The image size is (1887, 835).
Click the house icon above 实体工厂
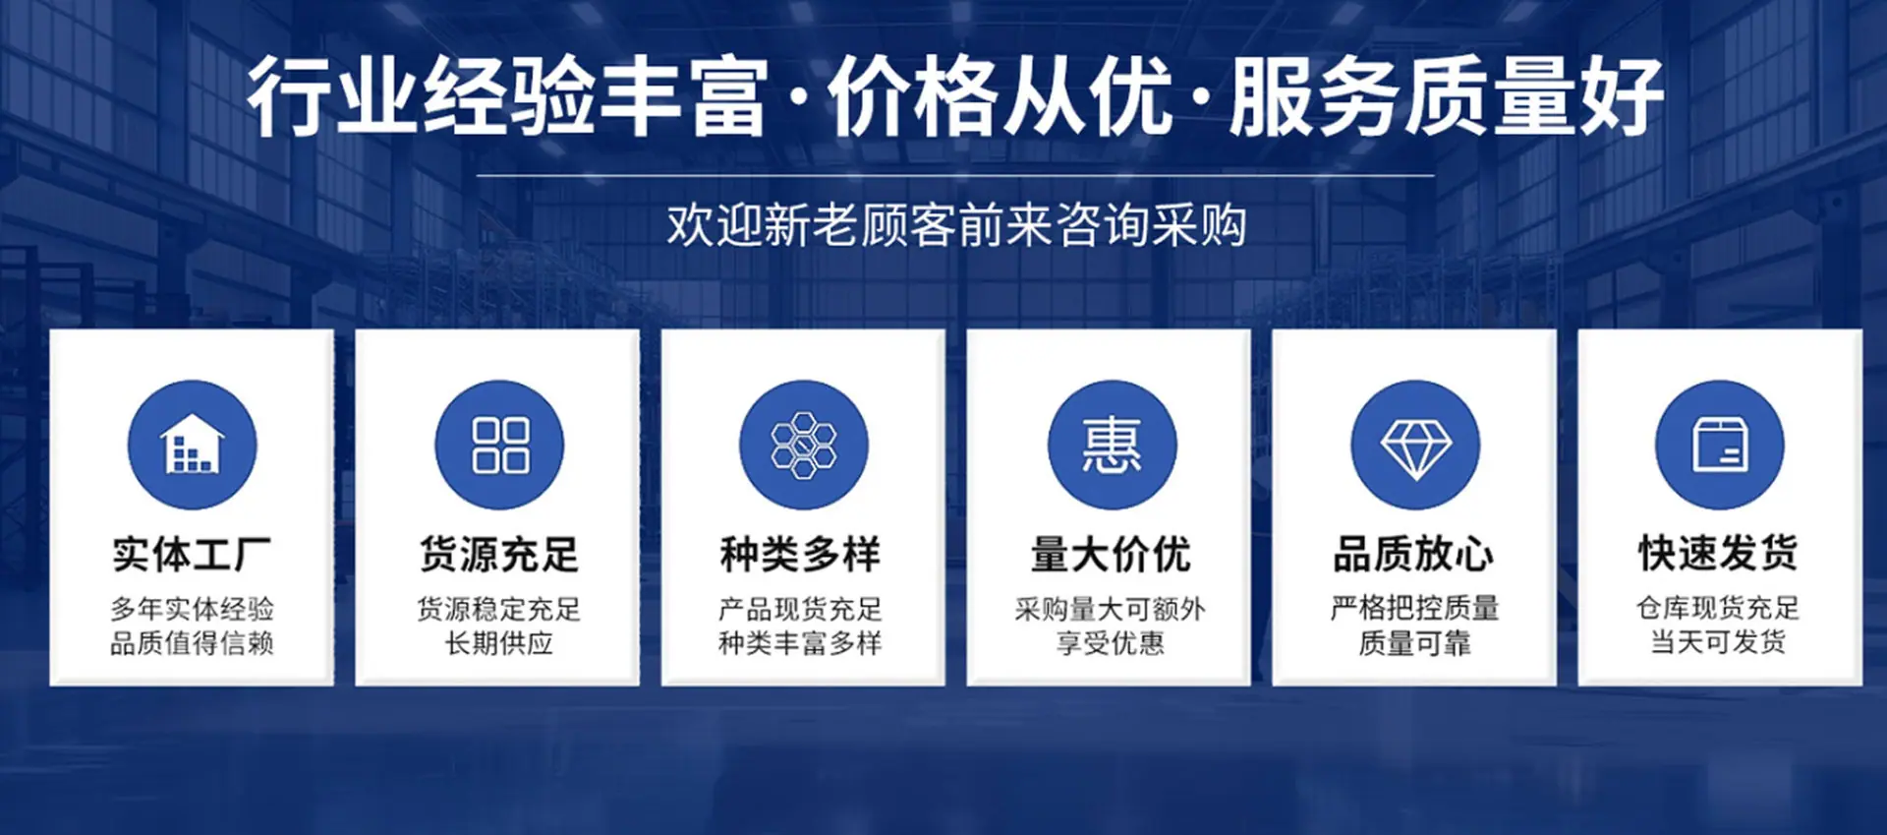[193, 445]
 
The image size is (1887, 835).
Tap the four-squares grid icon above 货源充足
[500, 446]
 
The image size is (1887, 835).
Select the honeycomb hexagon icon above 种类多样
[804, 446]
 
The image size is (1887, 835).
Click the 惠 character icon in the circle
[1112, 446]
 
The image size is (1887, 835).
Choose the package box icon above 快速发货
[1720, 446]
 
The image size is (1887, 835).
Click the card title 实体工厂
[192, 555]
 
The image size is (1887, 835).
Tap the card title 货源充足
[499, 555]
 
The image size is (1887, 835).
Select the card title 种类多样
[801, 555]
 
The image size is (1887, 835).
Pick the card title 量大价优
[1111, 555]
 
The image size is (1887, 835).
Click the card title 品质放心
[1414, 555]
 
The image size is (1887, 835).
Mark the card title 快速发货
[1718, 554]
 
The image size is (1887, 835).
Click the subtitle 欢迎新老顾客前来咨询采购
[956, 225]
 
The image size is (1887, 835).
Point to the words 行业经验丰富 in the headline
[507, 96]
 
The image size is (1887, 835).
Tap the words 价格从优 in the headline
[1001, 96]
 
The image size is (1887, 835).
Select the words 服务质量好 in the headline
[1447, 96]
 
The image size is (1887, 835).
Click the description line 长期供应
[499, 643]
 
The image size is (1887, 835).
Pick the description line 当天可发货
[1718, 642]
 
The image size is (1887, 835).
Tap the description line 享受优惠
[1111, 643]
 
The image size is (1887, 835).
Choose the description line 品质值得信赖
[192, 643]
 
